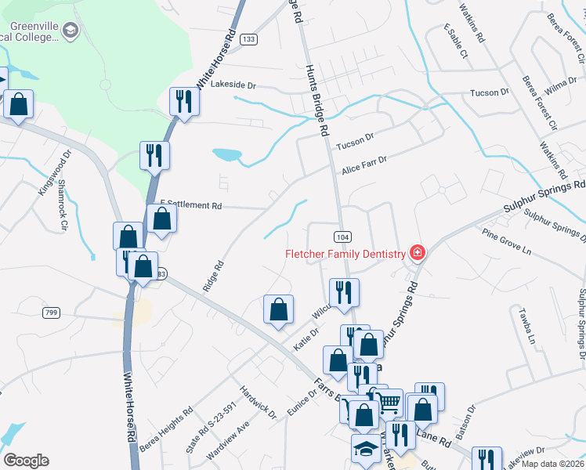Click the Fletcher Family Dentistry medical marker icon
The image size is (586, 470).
(418, 252)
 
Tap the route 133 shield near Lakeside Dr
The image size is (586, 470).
(249, 39)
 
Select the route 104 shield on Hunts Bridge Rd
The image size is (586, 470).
(342, 237)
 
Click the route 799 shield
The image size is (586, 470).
(52, 313)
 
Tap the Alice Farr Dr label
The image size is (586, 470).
(364, 164)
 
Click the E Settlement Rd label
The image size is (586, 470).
(191, 205)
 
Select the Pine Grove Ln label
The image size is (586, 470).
(507, 243)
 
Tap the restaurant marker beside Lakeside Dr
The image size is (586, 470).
(184, 102)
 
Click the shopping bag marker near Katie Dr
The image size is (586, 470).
(278, 310)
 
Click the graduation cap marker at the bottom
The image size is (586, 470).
(365, 450)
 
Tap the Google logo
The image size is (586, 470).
(26, 461)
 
